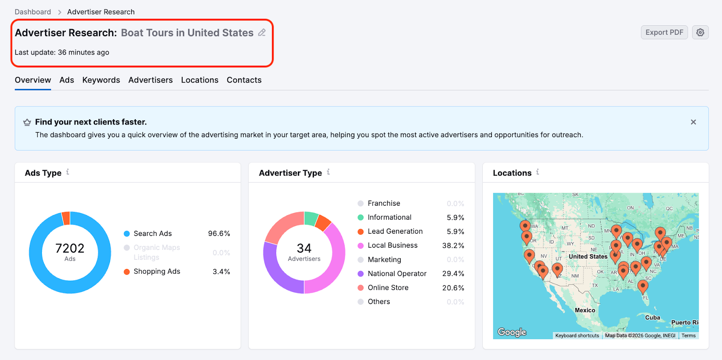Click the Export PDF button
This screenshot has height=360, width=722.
click(664, 32)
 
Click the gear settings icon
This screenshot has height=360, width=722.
click(700, 32)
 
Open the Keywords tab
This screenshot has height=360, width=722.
click(101, 80)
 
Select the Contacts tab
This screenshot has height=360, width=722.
click(244, 80)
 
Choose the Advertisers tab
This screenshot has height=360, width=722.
click(150, 80)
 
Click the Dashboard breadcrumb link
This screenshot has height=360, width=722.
click(32, 12)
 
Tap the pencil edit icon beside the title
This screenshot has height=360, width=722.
click(262, 32)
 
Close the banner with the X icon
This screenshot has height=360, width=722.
click(693, 122)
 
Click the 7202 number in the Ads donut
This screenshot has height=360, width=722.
click(70, 248)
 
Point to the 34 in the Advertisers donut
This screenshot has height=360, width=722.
click(304, 248)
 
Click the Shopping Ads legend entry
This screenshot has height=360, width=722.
click(157, 271)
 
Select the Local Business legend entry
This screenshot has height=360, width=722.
click(392, 245)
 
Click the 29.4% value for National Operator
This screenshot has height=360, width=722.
click(453, 273)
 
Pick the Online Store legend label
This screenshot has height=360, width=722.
click(388, 287)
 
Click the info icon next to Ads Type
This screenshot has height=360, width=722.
click(68, 172)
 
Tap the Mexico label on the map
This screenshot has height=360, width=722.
click(585, 310)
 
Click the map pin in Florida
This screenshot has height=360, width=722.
click(643, 285)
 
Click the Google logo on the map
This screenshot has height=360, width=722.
click(512, 332)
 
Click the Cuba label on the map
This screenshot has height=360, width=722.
click(653, 318)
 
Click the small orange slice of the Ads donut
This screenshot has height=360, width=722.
click(66, 218)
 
